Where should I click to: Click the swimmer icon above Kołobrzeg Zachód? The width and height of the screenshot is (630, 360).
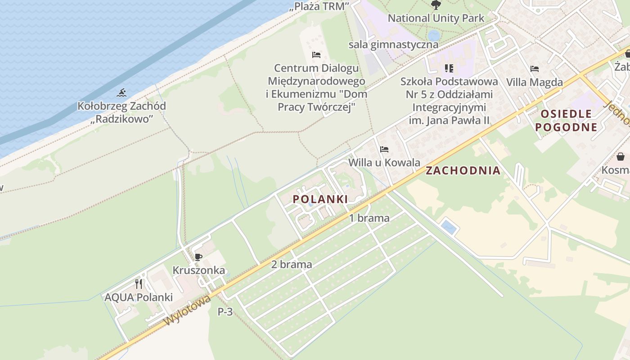click(121, 93)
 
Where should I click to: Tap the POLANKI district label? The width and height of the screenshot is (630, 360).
click(320, 199)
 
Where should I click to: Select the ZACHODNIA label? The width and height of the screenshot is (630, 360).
click(463, 171)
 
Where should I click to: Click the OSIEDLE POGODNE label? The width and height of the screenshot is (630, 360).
click(566, 120)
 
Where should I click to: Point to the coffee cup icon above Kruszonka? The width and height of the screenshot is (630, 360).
click(198, 257)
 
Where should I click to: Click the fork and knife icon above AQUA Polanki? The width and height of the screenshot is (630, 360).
click(139, 284)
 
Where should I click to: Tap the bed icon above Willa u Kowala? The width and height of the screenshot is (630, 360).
click(384, 149)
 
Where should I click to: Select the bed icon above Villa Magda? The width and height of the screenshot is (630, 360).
click(534, 69)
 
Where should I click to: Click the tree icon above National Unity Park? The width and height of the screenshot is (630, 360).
click(436, 5)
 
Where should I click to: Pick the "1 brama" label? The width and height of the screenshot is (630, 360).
click(369, 218)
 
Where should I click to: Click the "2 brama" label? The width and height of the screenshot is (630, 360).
click(292, 264)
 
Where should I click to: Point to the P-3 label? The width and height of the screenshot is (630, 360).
click(225, 311)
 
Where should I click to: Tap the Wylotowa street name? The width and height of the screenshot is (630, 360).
click(187, 310)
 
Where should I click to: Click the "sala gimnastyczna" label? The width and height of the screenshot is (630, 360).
click(393, 45)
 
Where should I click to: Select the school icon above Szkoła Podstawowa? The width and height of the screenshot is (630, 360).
click(449, 68)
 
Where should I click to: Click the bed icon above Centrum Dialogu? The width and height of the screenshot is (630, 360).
click(316, 55)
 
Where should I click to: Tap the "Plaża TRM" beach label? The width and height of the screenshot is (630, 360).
click(320, 6)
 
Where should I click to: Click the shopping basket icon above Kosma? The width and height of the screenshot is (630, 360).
click(621, 157)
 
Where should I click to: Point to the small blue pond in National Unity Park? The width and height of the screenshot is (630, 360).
click(434, 35)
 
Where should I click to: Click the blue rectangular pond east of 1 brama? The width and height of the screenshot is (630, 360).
click(449, 227)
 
